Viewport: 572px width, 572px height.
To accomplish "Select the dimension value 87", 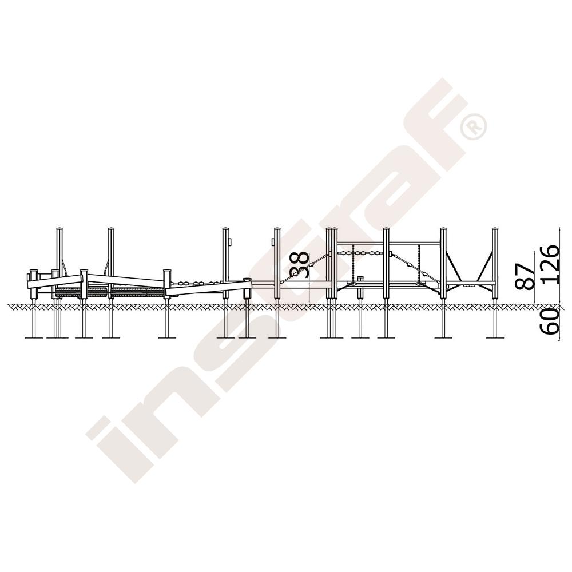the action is pyautogui.click(x=525, y=272).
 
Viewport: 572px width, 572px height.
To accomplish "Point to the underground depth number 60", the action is pyautogui.click(x=550, y=321).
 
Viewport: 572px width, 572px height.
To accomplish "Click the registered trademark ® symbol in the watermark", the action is pyautogui.click(x=473, y=126).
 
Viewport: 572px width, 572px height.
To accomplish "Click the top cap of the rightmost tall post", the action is pyautogui.click(x=495, y=229).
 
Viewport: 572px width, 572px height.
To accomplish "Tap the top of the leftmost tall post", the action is pyautogui.click(x=59, y=229).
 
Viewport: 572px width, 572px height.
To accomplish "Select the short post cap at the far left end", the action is pyautogui.click(x=34, y=272).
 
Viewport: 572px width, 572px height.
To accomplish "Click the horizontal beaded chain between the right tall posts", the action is pyautogui.click(x=360, y=252).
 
